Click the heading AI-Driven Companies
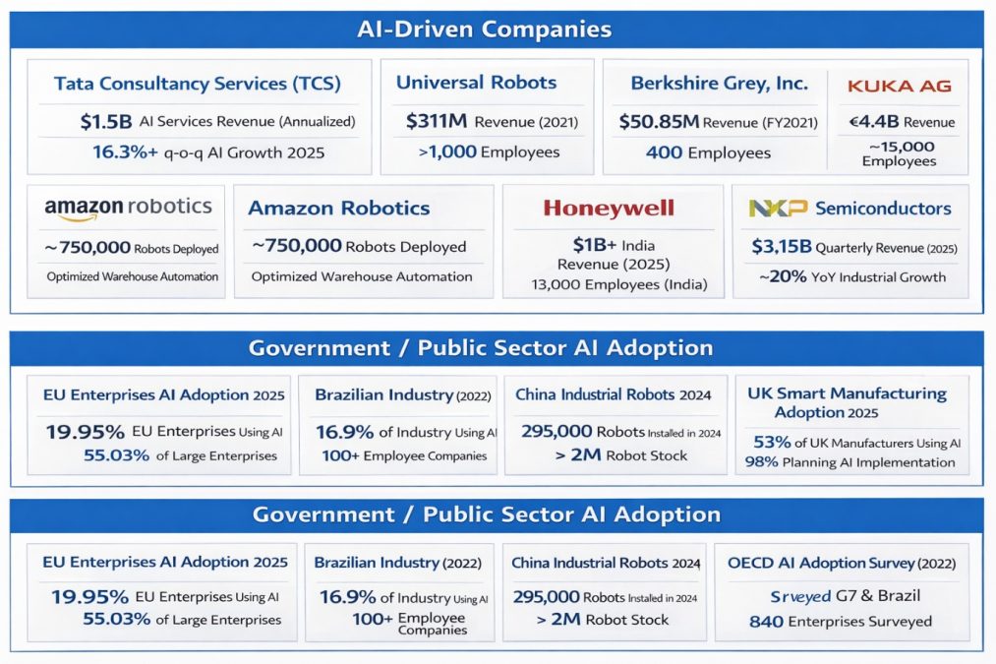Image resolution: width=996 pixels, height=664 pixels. [x=498, y=30]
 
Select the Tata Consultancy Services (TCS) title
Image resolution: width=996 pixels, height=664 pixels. [x=198, y=84]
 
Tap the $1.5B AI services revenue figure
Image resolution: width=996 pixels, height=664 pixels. [x=105, y=122]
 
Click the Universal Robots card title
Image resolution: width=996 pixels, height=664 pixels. [x=476, y=83]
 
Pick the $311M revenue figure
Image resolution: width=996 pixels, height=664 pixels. [x=437, y=122]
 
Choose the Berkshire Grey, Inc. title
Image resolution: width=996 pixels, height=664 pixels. [x=719, y=83]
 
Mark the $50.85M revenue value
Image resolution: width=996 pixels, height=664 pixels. [x=658, y=122]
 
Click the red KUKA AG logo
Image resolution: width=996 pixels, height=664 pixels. [x=899, y=86]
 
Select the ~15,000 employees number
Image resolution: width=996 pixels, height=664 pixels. [x=899, y=147]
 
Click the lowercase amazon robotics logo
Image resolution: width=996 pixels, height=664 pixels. [x=128, y=207]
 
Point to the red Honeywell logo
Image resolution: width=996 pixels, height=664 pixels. [x=609, y=208]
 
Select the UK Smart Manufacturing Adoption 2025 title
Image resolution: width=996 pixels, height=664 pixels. [x=847, y=402]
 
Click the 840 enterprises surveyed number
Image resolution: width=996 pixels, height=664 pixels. [x=766, y=622]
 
